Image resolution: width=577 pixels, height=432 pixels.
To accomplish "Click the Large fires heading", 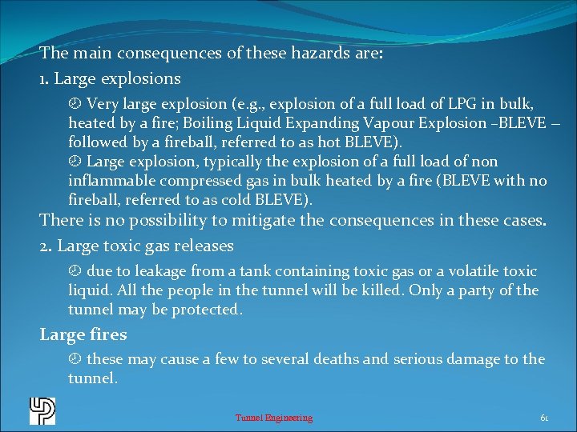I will pos(83,335).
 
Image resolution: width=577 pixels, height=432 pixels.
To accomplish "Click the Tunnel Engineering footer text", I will pos(274,418).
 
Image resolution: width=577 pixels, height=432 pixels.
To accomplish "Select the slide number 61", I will pos(544,418).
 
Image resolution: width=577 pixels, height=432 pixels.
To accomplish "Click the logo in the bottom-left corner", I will pos(42,411).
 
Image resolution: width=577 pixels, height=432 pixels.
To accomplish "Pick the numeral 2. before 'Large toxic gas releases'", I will pos(46,246).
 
